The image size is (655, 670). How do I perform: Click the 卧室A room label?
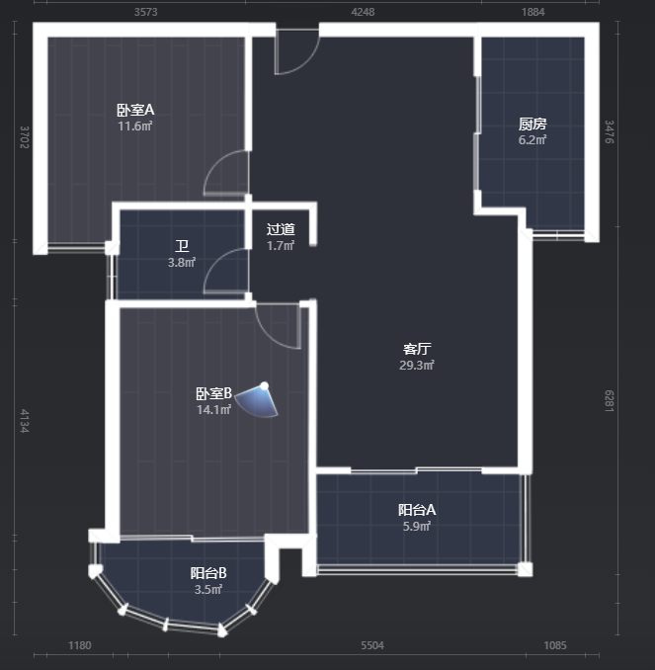tap(135, 110)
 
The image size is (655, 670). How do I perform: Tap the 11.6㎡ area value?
tap(135, 126)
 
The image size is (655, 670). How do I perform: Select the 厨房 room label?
tap(532, 124)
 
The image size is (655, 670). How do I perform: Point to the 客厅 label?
tap(417, 349)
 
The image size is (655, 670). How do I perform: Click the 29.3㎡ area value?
tap(417, 365)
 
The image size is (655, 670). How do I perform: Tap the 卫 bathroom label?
tap(182, 246)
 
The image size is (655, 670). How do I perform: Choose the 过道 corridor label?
tap(281, 229)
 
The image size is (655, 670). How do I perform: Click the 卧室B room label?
tap(213, 393)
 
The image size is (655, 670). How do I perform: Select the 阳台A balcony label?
tap(417, 510)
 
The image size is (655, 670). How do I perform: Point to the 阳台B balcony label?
tap(208, 573)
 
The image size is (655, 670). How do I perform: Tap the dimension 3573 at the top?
tap(145, 12)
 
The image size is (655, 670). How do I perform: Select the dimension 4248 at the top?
tap(363, 12)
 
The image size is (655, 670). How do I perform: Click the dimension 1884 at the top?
tap(532, 12)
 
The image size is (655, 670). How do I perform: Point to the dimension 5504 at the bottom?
tap(372, 645)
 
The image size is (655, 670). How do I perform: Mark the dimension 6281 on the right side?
tap(610, 401)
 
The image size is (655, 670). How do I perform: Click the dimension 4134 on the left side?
tap(25, 421)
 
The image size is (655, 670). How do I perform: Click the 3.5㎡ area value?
tap(208, 590)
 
